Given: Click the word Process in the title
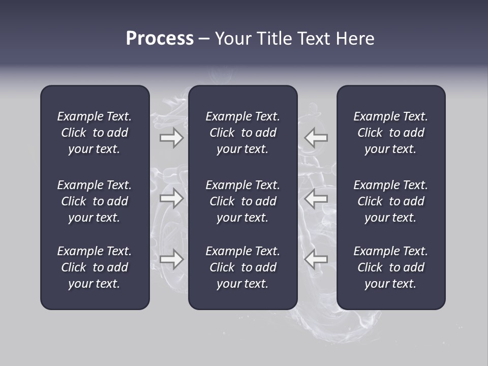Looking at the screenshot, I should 160,39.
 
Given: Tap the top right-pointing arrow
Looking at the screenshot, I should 171,138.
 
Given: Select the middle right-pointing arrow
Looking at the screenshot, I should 171,198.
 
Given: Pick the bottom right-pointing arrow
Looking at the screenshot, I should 171,259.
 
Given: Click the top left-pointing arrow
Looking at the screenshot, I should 316,138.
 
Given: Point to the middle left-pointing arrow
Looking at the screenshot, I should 316,198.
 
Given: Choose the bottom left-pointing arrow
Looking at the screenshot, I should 316,259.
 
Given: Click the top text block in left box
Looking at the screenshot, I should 95,133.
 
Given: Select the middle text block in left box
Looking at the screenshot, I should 95,201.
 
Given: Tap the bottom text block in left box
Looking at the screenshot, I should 95,267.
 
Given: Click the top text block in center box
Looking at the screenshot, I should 242,133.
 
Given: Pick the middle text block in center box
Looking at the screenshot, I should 242,201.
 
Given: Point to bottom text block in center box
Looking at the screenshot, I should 242,267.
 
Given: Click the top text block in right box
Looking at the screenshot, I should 390,133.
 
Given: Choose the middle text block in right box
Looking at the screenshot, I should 390,201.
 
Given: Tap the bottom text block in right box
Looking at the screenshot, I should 390,267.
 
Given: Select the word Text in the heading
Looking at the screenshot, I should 314,39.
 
